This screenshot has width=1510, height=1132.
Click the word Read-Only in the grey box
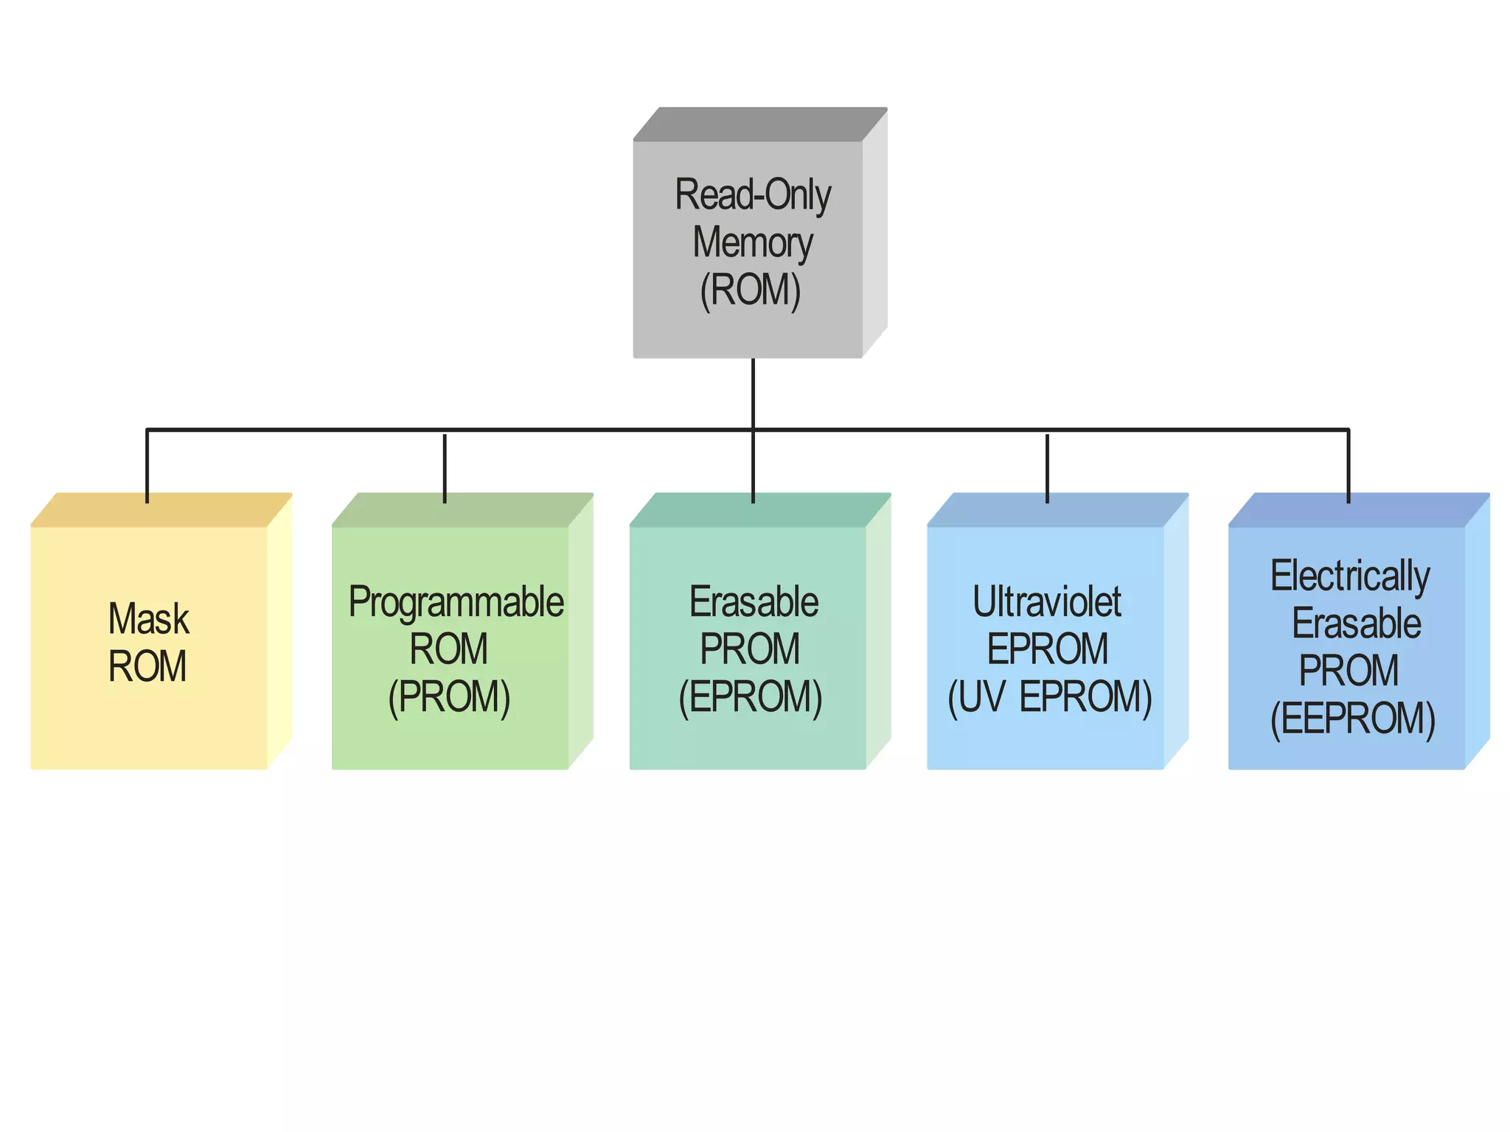pos(753,195)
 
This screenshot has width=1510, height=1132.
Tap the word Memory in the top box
pos(753,242)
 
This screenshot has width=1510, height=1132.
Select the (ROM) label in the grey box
pos(751,290)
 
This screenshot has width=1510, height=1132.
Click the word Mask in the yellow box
pos(148,618)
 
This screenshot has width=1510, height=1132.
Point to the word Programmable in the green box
pos(456,602)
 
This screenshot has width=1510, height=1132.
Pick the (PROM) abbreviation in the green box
pos(449,696)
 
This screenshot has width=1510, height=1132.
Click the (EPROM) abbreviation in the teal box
pos(750,696)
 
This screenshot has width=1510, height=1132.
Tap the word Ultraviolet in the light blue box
pos(1047,602)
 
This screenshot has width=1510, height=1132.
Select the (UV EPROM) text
pos(1049,696)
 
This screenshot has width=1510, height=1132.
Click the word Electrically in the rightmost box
pos(1350,576)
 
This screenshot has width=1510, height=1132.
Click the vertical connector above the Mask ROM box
pos(147,466)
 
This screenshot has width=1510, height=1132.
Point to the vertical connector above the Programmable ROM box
pos(445,469)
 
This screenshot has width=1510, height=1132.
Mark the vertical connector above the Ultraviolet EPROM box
pos(1047,469)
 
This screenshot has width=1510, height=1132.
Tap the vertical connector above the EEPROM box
pos(1349,466)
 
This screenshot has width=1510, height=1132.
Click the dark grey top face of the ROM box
pos(759,124)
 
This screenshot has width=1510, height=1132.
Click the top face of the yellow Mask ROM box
pos(161,510)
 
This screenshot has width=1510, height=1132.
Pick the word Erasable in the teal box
pos(754,602)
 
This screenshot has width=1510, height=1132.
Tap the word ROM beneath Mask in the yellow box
pos(147,666)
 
